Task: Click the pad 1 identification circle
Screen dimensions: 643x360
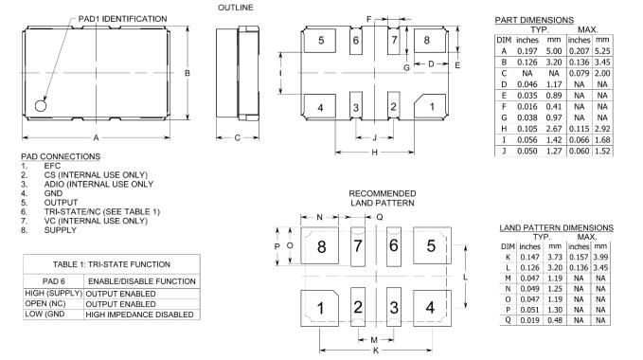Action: [x=41, y=106]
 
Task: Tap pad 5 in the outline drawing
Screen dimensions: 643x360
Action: [x=320, y=40]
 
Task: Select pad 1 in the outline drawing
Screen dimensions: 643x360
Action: [x=430, y=107]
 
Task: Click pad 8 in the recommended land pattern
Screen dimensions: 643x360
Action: [x=319, y=246]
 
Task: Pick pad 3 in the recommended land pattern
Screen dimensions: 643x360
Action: [x=394, y=308]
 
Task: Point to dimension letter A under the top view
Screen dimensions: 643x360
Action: [x=96, y=137]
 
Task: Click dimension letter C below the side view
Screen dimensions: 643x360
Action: [x=237, y=137]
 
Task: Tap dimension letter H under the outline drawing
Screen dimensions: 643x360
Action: [x=374, y=153]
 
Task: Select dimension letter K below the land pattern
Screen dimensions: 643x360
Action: [x=376, y=351]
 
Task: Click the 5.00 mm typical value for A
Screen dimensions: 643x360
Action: [x=554, y=51]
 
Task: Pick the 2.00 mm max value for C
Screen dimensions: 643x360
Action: [x=602, y=73]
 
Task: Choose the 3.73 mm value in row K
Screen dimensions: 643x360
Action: [x=555, y=257]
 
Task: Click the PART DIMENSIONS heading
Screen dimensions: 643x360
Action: [x=534, y=20]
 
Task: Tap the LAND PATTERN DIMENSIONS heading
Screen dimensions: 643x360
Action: [x=556, y=227]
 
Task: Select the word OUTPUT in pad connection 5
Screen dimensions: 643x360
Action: [x=61, y=203]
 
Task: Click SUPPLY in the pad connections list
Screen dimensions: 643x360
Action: [x=61, y=230]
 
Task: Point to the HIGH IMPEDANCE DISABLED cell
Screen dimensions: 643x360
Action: [x=139, y=315]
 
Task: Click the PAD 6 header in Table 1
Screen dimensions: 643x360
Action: [x=54, y=281]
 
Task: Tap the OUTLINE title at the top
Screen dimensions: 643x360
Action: [x=236, y=8]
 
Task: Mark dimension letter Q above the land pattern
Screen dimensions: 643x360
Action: [x=380, y=217]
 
